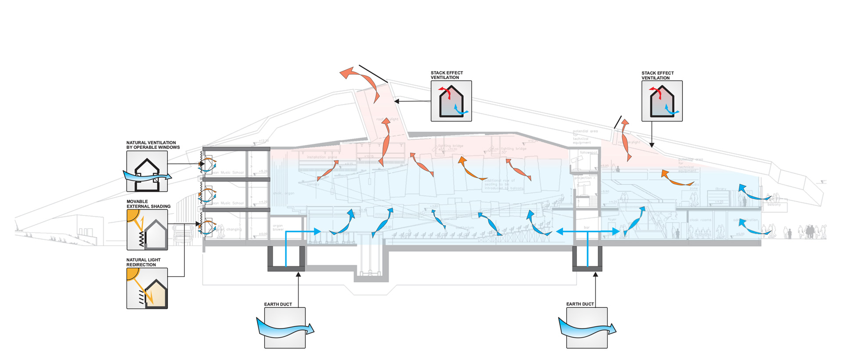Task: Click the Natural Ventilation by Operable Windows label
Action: (153, 145)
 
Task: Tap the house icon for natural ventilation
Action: (147, 172)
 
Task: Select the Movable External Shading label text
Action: (148, 204)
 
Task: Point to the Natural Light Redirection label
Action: (143, 262)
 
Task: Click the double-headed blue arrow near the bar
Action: (587, 231)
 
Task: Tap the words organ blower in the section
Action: (278, 227)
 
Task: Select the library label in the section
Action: (721, 189)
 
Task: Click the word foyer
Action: (612, 219)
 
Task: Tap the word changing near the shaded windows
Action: (234, 229)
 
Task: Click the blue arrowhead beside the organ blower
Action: (317, 231)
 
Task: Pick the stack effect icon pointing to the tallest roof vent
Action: (451, 101)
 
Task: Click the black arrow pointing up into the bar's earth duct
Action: (595, 275)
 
